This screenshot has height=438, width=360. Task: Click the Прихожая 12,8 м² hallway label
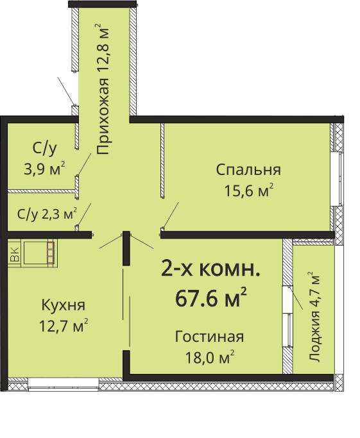102,89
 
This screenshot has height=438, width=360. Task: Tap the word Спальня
248,170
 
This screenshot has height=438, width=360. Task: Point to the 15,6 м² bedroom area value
249,190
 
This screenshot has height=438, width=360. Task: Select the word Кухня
63,305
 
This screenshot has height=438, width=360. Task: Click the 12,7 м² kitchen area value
64,325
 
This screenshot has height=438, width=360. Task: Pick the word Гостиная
209,337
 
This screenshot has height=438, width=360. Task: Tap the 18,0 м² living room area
210,357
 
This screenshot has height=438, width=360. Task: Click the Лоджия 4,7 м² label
314,317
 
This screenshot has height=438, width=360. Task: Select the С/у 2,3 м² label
47,214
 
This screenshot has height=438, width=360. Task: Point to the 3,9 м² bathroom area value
44,169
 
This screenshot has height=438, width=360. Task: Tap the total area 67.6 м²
211,298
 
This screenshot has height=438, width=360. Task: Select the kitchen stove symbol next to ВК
39,253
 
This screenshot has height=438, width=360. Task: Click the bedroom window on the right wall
336,179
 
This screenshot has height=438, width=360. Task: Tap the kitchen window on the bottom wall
63,383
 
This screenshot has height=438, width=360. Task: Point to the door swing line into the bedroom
171,215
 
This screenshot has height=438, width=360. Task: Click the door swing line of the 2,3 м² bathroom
84,215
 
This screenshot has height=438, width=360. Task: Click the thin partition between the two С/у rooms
41,191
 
